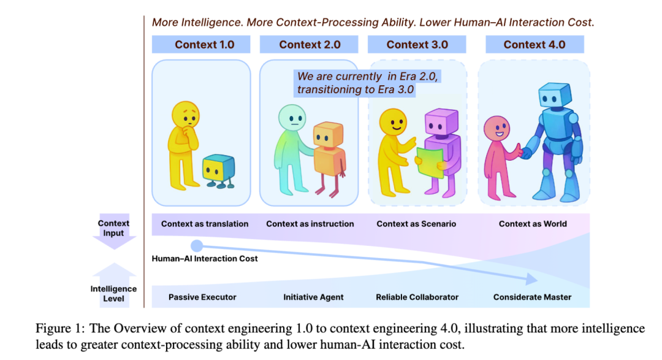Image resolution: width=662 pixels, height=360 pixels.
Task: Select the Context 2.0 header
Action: [x=310, y=44]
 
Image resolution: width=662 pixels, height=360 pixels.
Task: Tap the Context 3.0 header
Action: [x=417, y=44]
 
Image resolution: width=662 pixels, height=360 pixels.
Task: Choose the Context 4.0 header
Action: [x=535, y=44]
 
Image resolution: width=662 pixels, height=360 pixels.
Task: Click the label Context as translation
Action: [x=205, y=224]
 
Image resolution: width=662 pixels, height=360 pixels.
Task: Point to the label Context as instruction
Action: [x=310, y=224]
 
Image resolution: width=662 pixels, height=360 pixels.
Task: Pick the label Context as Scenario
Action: [x=416, y=224]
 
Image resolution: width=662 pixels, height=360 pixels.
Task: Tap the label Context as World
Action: [x=533, y=224]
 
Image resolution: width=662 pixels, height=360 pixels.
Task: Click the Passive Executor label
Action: [x=202, y=297]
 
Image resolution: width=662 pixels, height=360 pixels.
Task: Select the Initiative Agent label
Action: [x=313, y=297]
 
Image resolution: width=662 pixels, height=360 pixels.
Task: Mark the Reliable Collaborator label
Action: [x=417, y=297]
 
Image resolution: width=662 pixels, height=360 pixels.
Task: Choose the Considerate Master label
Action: [x=532, y=297]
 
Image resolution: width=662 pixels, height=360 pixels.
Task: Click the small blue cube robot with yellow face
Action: [x=218, y=169]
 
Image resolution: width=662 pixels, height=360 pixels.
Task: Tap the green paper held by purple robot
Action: [x=430, y=161]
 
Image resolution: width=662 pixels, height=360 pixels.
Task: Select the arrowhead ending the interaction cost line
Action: [x=531, y=280]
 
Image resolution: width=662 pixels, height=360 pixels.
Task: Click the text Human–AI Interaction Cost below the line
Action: [x=205, y=259]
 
